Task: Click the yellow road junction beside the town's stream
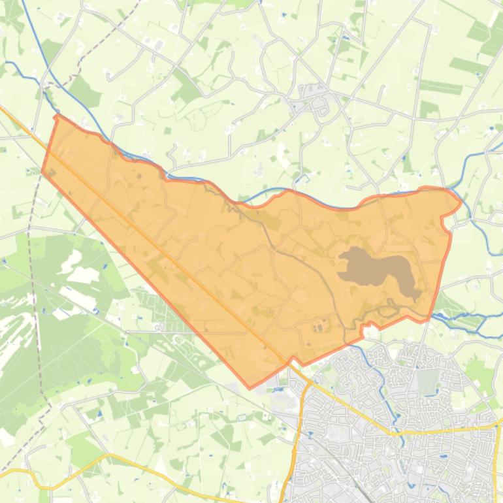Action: [392, 432]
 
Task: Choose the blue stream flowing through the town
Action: [385, 392]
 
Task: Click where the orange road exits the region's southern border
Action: [291, 361]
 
